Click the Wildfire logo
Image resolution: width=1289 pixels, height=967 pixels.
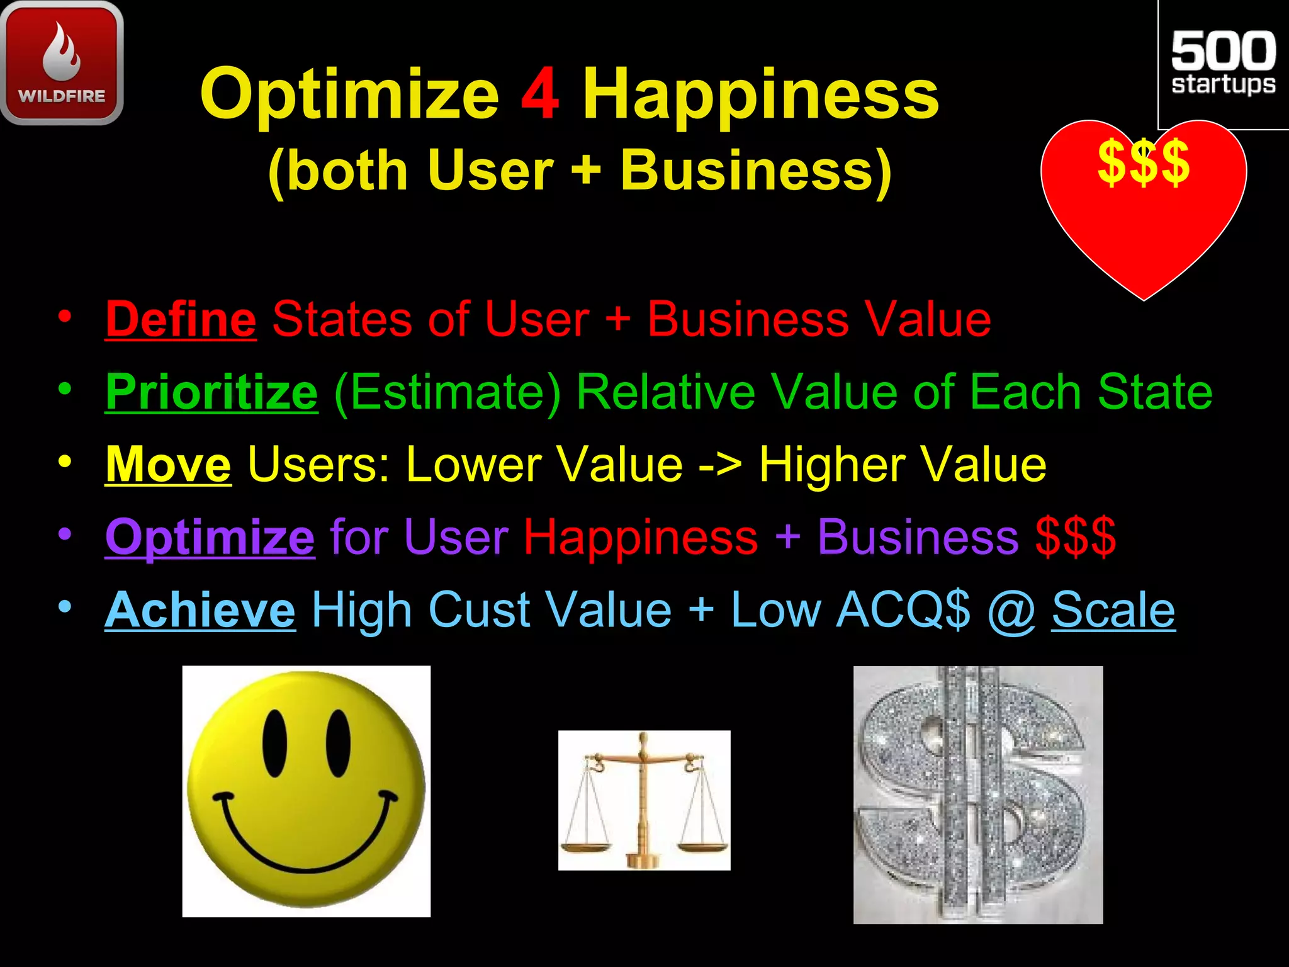tap(62, 63)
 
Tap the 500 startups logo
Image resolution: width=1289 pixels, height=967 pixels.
tap(1223, 63)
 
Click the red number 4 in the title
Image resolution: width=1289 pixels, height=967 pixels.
tap(540, 94)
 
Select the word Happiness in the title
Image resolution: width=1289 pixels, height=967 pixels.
tap(760, 94)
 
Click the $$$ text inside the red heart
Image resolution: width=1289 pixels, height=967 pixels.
tap(1144, 162)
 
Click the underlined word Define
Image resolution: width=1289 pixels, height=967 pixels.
tap(181, 319)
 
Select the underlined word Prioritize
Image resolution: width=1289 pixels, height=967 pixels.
tap(211, 392)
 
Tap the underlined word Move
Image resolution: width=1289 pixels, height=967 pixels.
tap(168, 465)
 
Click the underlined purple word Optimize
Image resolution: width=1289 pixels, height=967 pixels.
tap(210, 537)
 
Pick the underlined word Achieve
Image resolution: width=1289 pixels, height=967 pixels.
tap(200, 609)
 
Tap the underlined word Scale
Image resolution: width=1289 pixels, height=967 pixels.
tap(1113, 609)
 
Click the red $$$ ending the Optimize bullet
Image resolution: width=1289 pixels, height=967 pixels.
tap(1076, 537)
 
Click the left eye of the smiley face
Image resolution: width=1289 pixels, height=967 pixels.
tap(275, 743)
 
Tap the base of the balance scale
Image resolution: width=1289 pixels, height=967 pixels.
tap(643, 860)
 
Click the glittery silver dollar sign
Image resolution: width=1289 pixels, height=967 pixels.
tap(977, 795)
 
